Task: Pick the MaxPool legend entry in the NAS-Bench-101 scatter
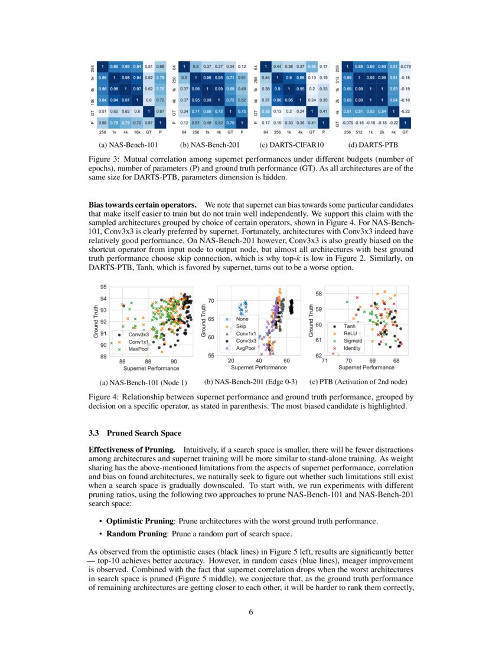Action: tap(137, 349)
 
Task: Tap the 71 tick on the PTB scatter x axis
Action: tap(325, 360)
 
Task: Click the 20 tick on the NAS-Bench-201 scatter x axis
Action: tap(231, 360)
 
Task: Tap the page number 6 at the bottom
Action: tap(251, 612)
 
